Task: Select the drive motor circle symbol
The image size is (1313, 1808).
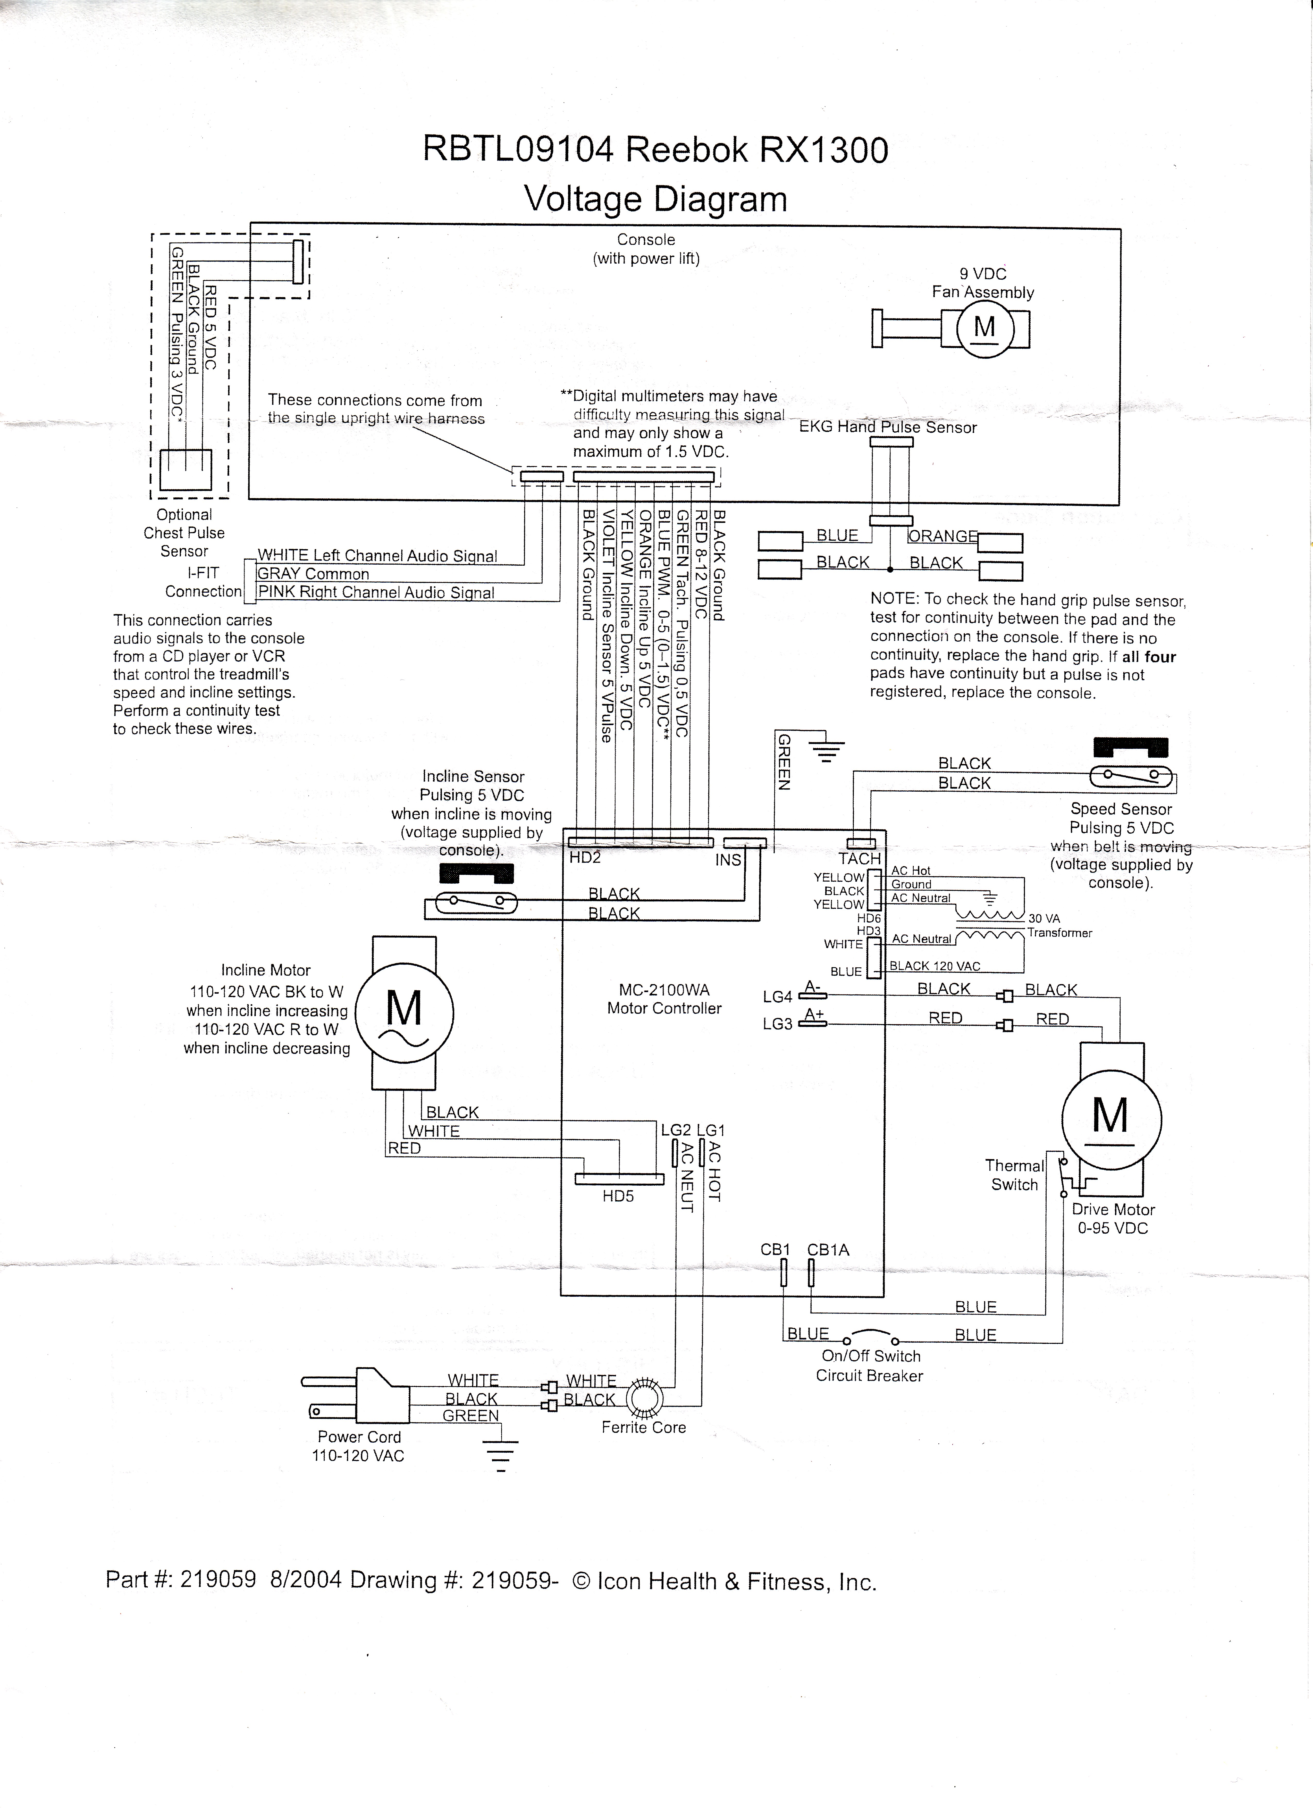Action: (1111, 1120)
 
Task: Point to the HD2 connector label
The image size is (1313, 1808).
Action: (584, 858)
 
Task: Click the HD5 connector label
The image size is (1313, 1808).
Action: (618, 1196)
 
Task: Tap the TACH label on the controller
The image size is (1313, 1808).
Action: (859, 859)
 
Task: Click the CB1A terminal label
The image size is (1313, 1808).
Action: (828, 1250)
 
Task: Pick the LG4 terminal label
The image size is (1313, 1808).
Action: (777, 997)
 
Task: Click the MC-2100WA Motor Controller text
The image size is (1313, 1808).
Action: (664, 999)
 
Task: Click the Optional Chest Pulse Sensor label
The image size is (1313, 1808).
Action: (184, 532)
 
